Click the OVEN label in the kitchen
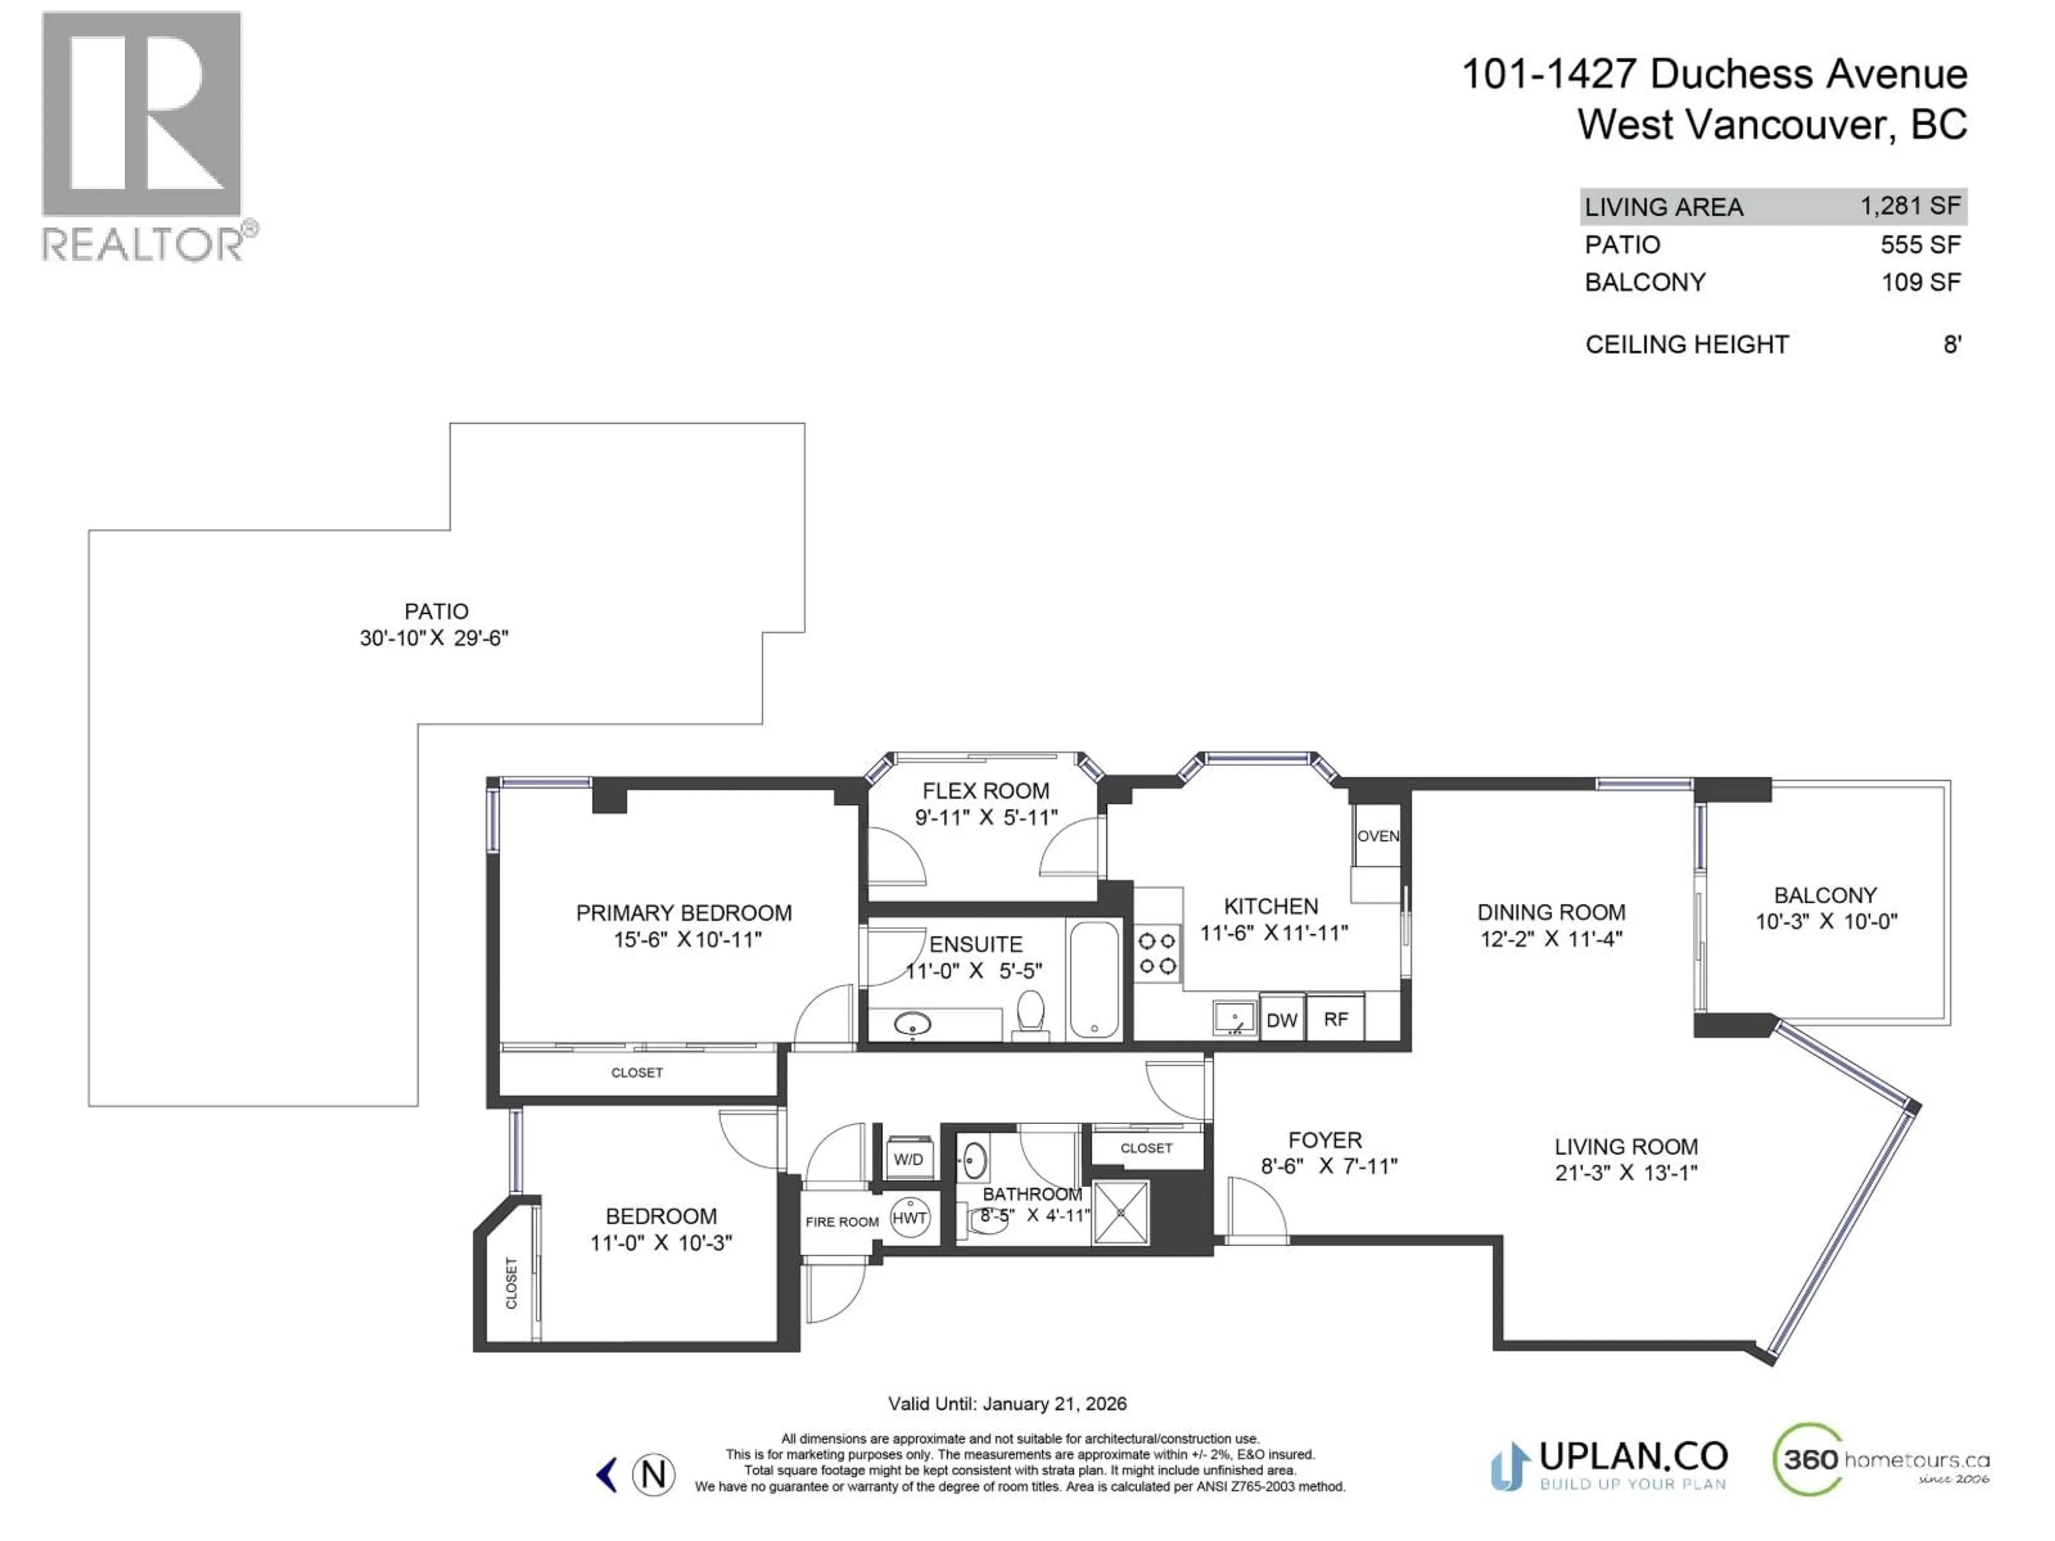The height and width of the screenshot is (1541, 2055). click(1377, 836)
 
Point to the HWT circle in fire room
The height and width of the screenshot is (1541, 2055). click(909, 1218)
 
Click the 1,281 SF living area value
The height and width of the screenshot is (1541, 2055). click(1909, 206)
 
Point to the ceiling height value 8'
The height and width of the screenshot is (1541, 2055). click(1952, 345)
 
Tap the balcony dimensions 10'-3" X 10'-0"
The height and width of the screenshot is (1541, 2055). click(1825, 921)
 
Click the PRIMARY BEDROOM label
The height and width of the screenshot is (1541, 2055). click(684, 913)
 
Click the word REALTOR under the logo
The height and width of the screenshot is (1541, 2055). click(143, 245)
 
